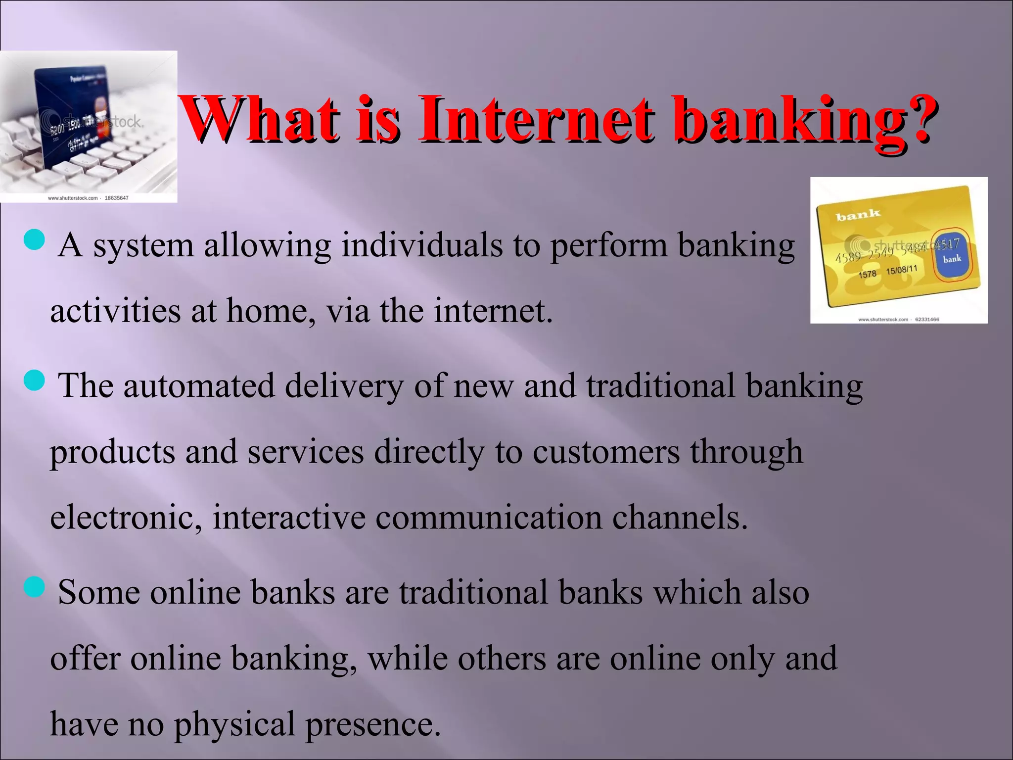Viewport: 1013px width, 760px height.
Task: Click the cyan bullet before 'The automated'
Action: click(34, 380)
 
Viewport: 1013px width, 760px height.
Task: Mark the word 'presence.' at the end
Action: click(372, 724)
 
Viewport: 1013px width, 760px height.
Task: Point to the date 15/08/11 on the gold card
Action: click(901, 270)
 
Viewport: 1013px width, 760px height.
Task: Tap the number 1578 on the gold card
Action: click(867, 274)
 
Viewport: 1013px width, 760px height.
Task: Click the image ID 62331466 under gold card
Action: click(927, 319)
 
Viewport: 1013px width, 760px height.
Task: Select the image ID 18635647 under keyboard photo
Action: click(116, 198)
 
